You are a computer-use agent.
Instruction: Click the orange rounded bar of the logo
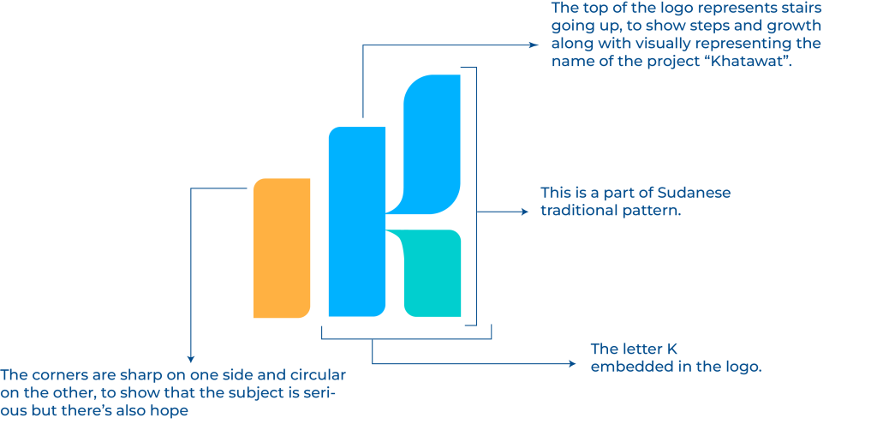281,248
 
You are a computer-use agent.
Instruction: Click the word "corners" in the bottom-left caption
56,376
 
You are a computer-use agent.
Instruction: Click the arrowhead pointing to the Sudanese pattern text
526,211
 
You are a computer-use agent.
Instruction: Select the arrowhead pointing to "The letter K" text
573,365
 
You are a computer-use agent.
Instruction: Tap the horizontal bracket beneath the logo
407,339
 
